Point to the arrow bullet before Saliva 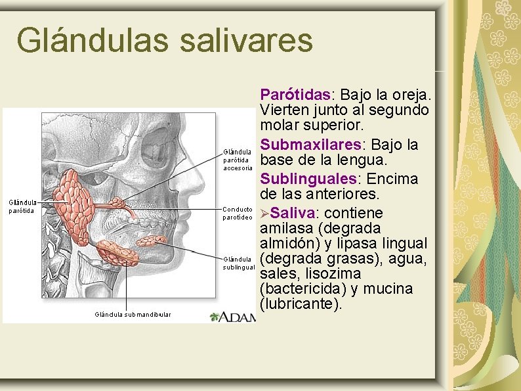[264, 214]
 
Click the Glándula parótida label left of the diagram [22, 207]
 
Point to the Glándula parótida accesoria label [238, 160]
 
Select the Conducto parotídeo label [238, 213]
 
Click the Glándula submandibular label [133, 315]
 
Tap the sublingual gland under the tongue [150, 241]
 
